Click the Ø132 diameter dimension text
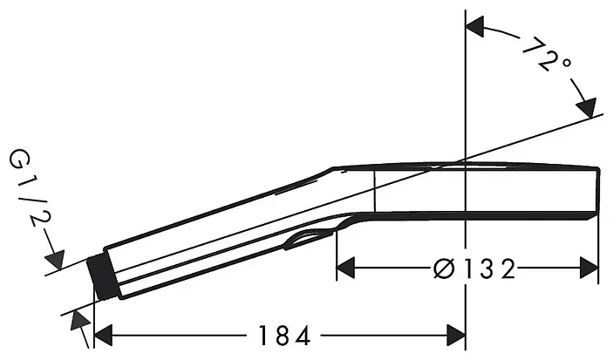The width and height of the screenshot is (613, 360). pyautogui.click(x=474, y=269)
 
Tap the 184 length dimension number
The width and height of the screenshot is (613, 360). pyautogui.click(x=284, y=336)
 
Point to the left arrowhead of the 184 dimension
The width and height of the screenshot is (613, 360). pyautogui.click(x=104, y=336)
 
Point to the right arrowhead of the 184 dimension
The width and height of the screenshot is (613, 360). pyautogui.click(x=455, y=336)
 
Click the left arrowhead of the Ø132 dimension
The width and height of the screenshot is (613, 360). pyautogui.click(x=345, y=268)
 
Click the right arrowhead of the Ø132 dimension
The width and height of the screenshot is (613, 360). pyautogui.click(x=589, y=268)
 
